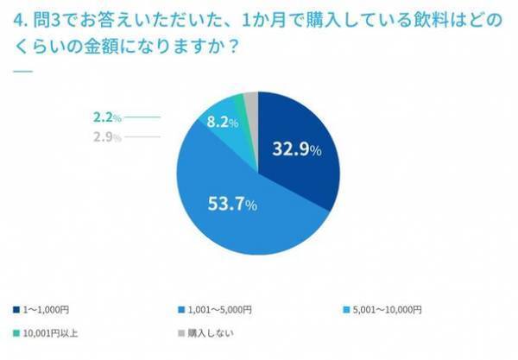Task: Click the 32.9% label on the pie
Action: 296,149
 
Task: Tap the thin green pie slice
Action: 240,105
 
